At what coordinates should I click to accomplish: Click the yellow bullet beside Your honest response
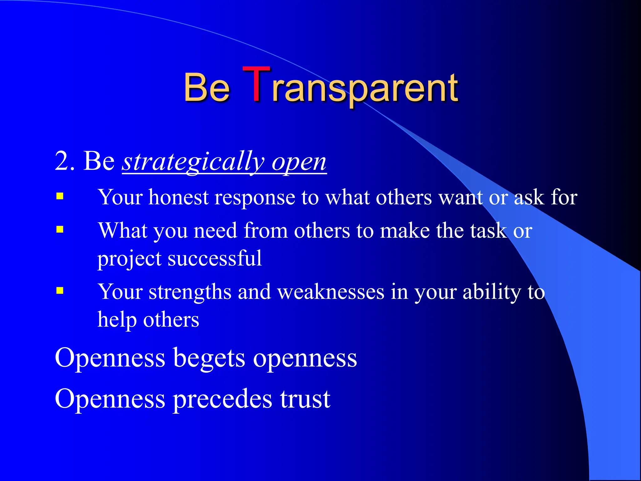pos(60,196)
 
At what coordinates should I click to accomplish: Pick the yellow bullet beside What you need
pos(60,230)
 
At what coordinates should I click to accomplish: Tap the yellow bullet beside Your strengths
pos(60,291)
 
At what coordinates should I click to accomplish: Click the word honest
pos(178,197)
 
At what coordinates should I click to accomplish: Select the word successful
pos(215,259)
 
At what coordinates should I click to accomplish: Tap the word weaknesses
pos(331,292)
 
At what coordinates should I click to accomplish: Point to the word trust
pos(305,399)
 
